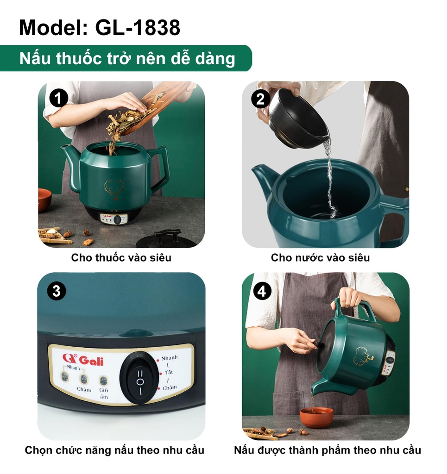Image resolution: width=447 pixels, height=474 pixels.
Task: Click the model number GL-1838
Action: pos(138,27)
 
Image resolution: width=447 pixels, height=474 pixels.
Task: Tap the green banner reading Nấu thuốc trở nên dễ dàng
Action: pos(126,58)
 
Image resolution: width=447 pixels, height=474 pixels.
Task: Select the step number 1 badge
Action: pos(58,98)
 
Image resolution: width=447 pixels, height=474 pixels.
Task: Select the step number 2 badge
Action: pos(260,99)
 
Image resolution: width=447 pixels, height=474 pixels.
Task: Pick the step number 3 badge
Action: pos(57,291)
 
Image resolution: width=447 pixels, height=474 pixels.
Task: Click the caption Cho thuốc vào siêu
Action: pos(121,257)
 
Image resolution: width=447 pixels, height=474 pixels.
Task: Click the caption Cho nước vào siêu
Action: pos(320,257)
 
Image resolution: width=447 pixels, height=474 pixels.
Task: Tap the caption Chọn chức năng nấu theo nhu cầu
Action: pos(114,450)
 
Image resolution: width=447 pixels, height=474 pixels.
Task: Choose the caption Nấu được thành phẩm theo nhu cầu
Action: pos(327,450)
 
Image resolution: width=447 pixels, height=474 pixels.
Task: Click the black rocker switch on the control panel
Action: pos(140,378)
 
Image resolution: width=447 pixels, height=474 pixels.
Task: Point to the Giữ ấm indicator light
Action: pos(103,380)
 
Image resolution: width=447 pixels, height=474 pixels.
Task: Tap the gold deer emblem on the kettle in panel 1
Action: pos(114,190)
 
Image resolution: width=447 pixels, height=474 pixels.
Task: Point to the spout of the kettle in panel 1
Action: pos(70,165)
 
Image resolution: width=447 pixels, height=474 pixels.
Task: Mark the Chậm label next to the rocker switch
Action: pos(170,387)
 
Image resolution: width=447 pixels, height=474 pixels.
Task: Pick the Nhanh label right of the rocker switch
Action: pos(170,358)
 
